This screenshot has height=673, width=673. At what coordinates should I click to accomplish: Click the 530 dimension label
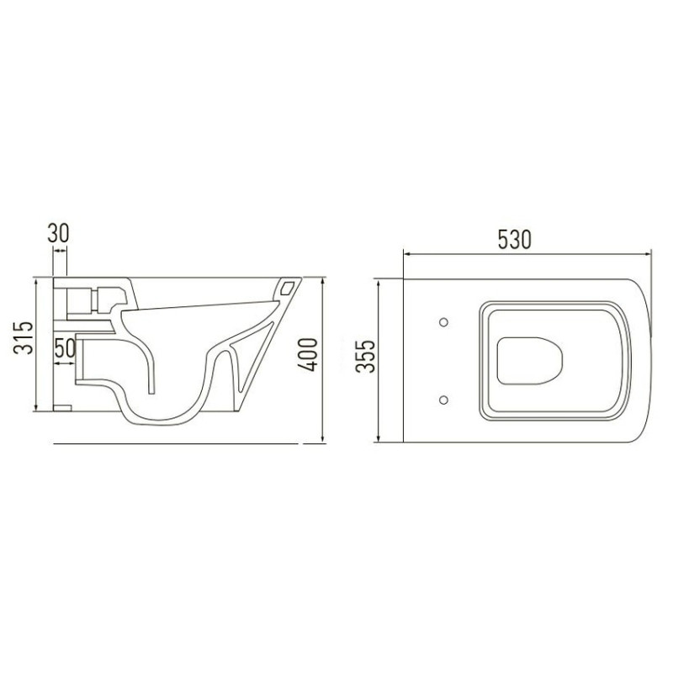tap(514, 240)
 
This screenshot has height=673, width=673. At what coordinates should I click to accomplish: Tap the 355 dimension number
tap(366, 357)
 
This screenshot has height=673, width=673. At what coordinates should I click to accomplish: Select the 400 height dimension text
tap(308, 354)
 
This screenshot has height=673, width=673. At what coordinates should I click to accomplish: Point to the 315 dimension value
tap(24, 337)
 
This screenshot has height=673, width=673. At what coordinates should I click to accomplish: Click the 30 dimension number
tap(58, 233)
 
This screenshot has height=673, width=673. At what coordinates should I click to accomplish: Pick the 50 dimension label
tap(65, 348)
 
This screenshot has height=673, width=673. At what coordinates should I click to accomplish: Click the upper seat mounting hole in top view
tap(444, 322)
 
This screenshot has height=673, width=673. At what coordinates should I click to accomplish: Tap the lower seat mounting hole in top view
tap(444, 400)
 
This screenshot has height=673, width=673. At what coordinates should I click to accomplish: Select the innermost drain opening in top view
tap(530, 361)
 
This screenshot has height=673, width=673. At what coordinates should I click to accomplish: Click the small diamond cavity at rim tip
tap(287, 288)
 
